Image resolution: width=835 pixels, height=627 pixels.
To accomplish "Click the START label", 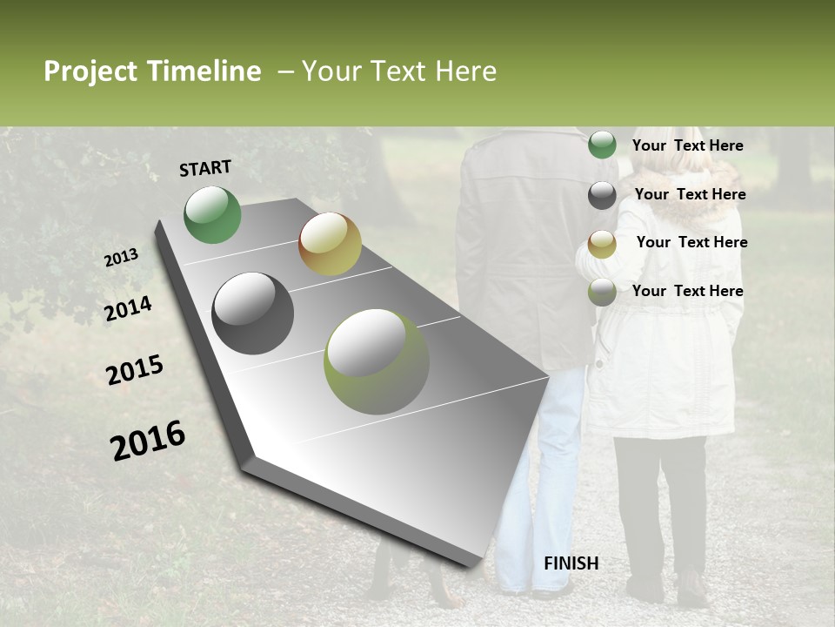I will point(205,167).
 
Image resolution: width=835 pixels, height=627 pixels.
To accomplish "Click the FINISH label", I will point(571,563).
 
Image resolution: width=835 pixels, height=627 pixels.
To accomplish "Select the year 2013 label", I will point(121,257).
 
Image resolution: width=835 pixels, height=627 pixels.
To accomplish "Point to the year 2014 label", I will point(128,308).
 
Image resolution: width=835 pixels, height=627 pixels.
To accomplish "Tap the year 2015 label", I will point(135,370).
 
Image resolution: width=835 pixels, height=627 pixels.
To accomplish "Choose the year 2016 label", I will point(148,440).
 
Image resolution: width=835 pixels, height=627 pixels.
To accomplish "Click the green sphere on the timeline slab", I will point(212,214).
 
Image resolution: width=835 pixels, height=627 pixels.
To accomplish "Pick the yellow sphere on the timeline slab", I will point(330,244).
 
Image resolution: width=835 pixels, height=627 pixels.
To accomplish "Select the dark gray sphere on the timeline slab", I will point(252,313).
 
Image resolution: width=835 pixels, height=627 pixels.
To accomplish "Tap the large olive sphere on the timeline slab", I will point(376,361).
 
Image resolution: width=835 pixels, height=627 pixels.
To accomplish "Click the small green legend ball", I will point(602,145).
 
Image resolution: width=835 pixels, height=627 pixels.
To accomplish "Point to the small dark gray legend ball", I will point(602,195).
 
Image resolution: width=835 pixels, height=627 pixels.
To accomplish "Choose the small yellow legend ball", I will point(602,244).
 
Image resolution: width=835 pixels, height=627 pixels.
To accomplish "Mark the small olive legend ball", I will point(602,293).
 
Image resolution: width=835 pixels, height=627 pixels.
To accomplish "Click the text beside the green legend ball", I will point(687,145).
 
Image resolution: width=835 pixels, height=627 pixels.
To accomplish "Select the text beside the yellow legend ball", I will point(691,242).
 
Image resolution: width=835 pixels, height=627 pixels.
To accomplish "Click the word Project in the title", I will point(91,71).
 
